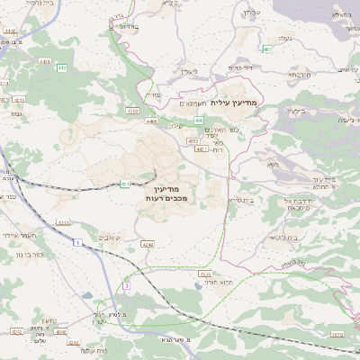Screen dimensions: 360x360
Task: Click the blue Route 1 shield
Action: coord(78,243)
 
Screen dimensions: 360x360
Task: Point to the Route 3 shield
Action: coord(127,285)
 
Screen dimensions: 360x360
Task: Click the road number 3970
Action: coord(337,332)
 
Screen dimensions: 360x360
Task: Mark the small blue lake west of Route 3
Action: coord(86,293)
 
